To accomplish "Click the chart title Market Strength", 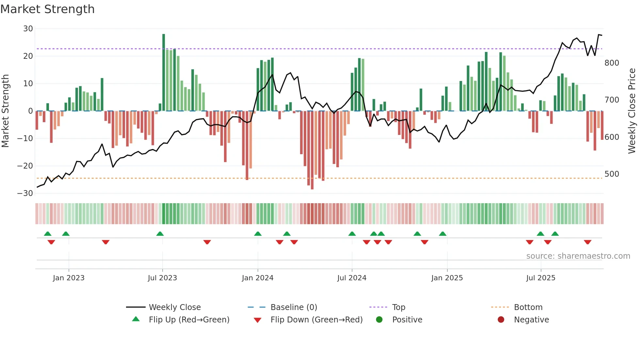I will pos(47,9).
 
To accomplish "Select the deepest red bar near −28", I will pos(312,150).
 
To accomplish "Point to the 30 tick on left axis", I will pos(28,29).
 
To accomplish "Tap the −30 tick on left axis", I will pos(25,193).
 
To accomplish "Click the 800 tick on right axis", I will pos(612,63).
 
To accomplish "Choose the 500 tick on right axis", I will pos(612,174).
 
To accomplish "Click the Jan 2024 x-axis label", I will pos(258,278).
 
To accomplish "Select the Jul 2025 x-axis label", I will pos(541,278).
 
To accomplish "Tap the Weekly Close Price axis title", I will pos(632,111).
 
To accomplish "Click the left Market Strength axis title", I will pos(5,111).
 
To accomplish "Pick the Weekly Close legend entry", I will pos(175,307).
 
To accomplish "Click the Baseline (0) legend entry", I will pos(294,307).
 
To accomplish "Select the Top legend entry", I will pos(399,307).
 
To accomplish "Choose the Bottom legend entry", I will pos(528,307).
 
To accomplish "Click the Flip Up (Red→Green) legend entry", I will pos(189,319).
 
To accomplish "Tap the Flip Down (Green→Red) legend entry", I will pos(316,319).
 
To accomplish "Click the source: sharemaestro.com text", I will pos(578,256).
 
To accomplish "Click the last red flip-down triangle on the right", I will pos(588,242).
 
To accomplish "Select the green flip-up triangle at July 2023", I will pos(160,234).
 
